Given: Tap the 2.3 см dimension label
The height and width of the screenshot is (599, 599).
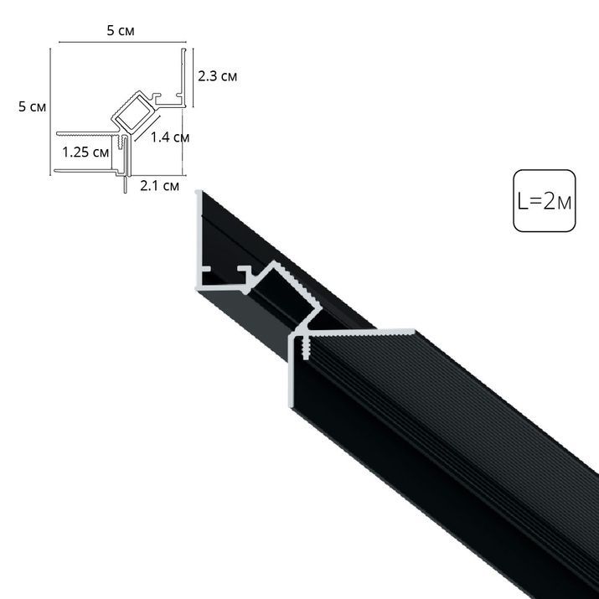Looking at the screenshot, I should pos(217,76).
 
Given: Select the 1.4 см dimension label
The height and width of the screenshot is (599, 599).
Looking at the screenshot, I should pos(170,137).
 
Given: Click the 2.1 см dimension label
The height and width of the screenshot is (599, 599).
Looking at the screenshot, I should pos(159,185).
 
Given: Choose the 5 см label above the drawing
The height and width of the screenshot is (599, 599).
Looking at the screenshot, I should pos(118,31).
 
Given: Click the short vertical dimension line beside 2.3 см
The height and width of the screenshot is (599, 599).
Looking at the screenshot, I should pos(194,78).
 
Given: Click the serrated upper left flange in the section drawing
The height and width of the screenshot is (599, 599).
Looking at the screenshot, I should pos(84,132).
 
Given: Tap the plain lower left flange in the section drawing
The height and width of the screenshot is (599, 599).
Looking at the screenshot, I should pos(84,172).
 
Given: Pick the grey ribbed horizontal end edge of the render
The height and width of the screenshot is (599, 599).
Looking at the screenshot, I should pos(360,330).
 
